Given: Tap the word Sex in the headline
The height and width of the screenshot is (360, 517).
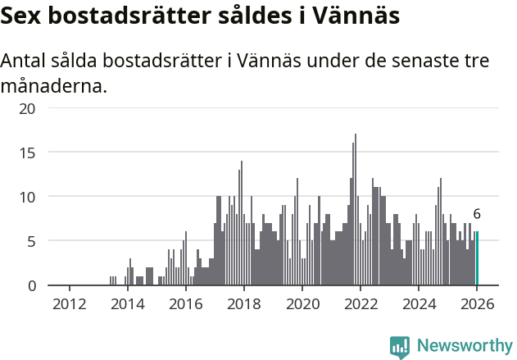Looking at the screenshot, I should (24, 16).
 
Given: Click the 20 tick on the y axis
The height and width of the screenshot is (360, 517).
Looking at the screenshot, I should (28, 108).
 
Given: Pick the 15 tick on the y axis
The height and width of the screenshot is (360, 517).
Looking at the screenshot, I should (28, 153).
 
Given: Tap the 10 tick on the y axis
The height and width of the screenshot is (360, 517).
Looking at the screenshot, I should (28, 197).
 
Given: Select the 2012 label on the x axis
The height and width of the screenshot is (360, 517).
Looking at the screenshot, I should (69, 303).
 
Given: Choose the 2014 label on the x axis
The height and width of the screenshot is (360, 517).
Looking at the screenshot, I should (127, 303).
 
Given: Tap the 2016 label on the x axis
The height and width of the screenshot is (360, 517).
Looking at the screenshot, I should (185, 303).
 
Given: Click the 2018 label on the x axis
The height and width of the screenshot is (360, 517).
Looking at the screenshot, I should (243, 303).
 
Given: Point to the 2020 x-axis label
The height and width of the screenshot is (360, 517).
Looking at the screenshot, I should (302, 303).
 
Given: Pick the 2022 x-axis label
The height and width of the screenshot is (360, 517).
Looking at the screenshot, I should (361, 303).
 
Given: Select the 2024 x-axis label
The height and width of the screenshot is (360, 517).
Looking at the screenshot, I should (419, 303).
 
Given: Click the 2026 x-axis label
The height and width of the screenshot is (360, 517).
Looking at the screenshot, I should (477, 303).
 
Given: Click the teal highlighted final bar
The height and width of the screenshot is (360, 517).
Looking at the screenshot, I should (477, 259).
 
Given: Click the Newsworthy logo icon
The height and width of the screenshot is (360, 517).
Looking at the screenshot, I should (400, 347).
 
